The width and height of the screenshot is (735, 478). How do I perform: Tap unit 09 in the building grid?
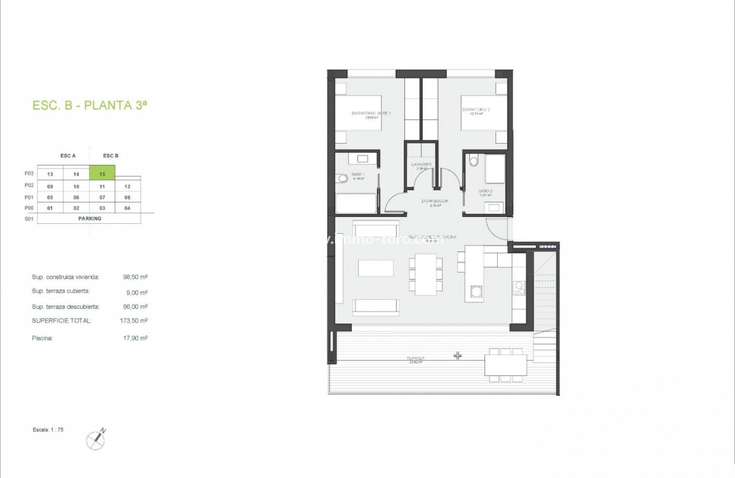[50, 186]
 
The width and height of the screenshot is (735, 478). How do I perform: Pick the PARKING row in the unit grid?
[89, 219]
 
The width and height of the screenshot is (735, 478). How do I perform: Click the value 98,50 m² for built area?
[135, 277]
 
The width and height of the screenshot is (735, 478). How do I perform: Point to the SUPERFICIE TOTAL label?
[62, 321]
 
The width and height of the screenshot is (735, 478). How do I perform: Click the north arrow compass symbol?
[96, 440]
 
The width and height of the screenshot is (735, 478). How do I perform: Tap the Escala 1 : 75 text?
[48, 430]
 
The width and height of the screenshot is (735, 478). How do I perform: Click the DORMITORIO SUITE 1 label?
[371, 114]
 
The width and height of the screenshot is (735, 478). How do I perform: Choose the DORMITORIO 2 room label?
[476, 110]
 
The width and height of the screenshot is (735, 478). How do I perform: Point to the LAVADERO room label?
[422, 165]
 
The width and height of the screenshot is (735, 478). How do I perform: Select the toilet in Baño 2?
[474, 161]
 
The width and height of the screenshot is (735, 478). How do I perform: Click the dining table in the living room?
[427, 274]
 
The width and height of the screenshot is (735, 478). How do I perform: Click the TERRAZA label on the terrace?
[415, 358]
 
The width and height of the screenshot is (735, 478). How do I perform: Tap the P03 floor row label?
[30, 174]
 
